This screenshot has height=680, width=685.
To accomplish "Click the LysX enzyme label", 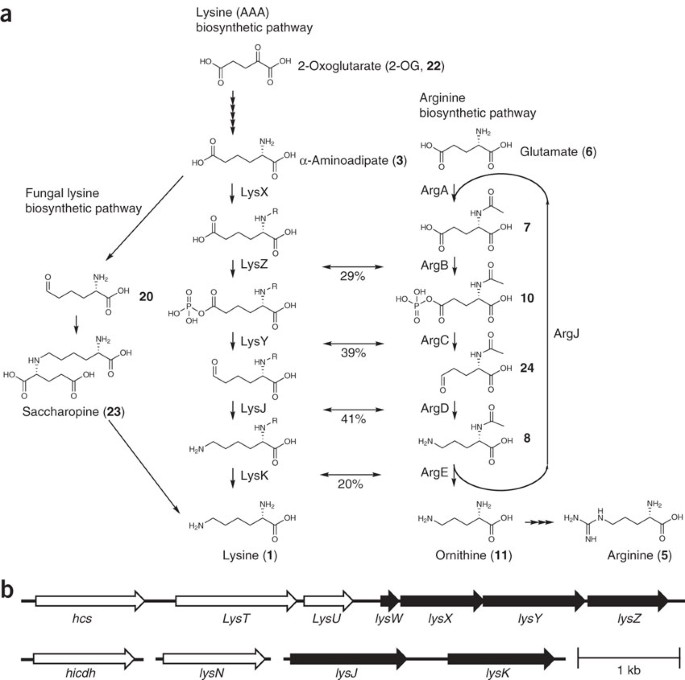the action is tap(254, 192).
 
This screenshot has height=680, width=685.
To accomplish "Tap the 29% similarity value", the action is tap(353, 276).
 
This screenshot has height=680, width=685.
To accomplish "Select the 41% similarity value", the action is tap(353, 419).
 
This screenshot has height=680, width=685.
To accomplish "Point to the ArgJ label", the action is tap(566, 334).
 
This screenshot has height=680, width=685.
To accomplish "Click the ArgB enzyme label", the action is tap(434, 265).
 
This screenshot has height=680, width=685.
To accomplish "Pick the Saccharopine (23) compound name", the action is tap(73, 412).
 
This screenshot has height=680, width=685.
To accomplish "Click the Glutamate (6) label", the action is tap(558, 152).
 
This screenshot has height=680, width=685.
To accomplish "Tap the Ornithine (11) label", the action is tap(474, 555).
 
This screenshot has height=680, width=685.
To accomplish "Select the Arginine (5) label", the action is tap(639, 555).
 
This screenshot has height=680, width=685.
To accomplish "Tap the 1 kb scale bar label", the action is tap(629, 670).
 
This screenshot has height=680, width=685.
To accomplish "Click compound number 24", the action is tap(527, 368).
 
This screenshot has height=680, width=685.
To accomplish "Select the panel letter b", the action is tap(9, 590).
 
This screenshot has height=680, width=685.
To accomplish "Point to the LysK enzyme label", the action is tap(254, 476).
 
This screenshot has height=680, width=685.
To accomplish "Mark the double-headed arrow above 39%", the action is tap(353, 344).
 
